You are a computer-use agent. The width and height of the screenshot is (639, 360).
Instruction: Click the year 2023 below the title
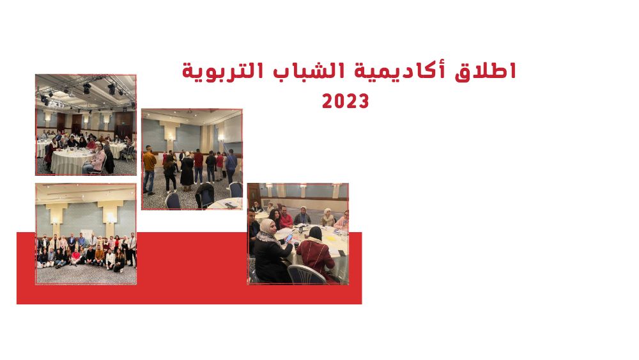click(345, 101)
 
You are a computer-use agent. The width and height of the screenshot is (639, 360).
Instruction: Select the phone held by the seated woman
click(288, 237)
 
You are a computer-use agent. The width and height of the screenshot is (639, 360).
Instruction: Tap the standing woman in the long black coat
click(187, 171)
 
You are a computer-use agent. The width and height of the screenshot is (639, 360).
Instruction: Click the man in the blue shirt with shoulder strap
click(231, 166)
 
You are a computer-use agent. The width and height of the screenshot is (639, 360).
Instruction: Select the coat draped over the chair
click(204, 195)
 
